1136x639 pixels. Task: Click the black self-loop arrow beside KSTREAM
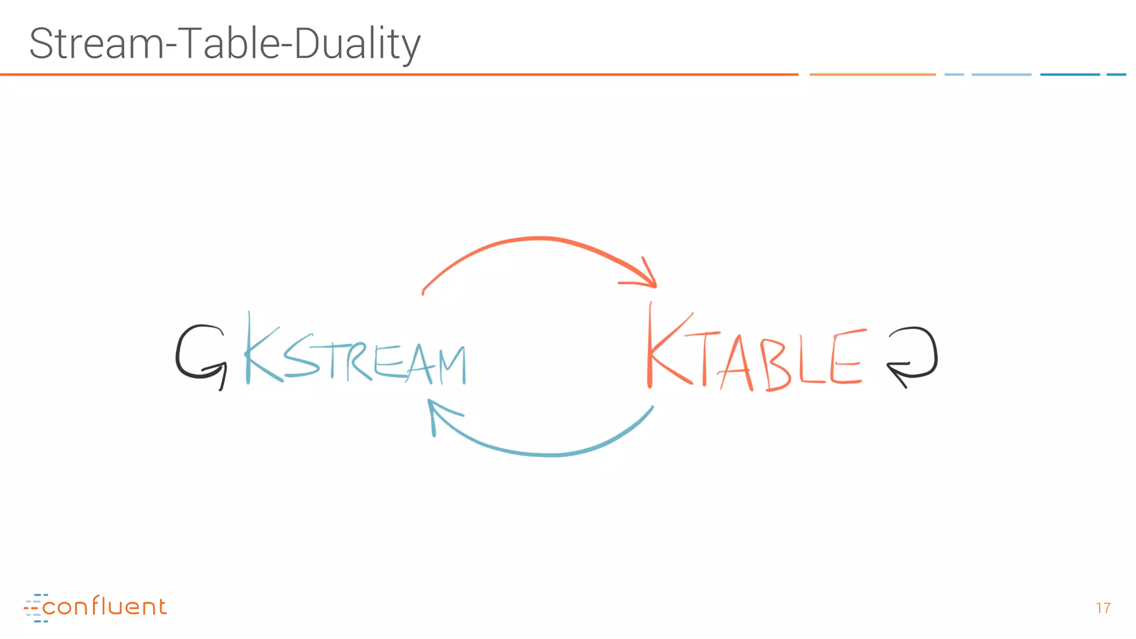tap(200, 355)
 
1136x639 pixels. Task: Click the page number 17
tap(1103, 608)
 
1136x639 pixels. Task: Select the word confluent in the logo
tap(104, 607)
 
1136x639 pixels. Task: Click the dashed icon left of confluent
tap(33, 608)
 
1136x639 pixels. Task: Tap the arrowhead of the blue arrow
tap(438, 413)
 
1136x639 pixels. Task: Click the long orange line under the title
tap(399, 74)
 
